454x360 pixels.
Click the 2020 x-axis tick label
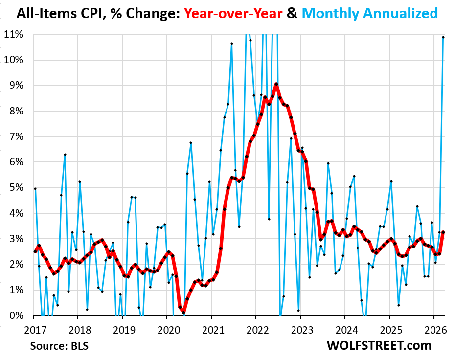click(x=166, y=328)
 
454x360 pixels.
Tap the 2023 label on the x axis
click(x=300, y=328)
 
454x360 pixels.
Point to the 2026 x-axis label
click(x=433, y=328)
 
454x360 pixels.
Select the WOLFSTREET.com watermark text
click(x=379, y=345)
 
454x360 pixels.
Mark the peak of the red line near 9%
click(x=276, y=84)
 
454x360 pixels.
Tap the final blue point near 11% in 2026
click(x=443, y=37)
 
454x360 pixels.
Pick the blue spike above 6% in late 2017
click(x=65, y=155)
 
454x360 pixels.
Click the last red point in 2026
click(x=443, y=232)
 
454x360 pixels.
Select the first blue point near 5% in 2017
click(x=35, y=188)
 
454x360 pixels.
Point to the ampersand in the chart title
click(x=292, y=13)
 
